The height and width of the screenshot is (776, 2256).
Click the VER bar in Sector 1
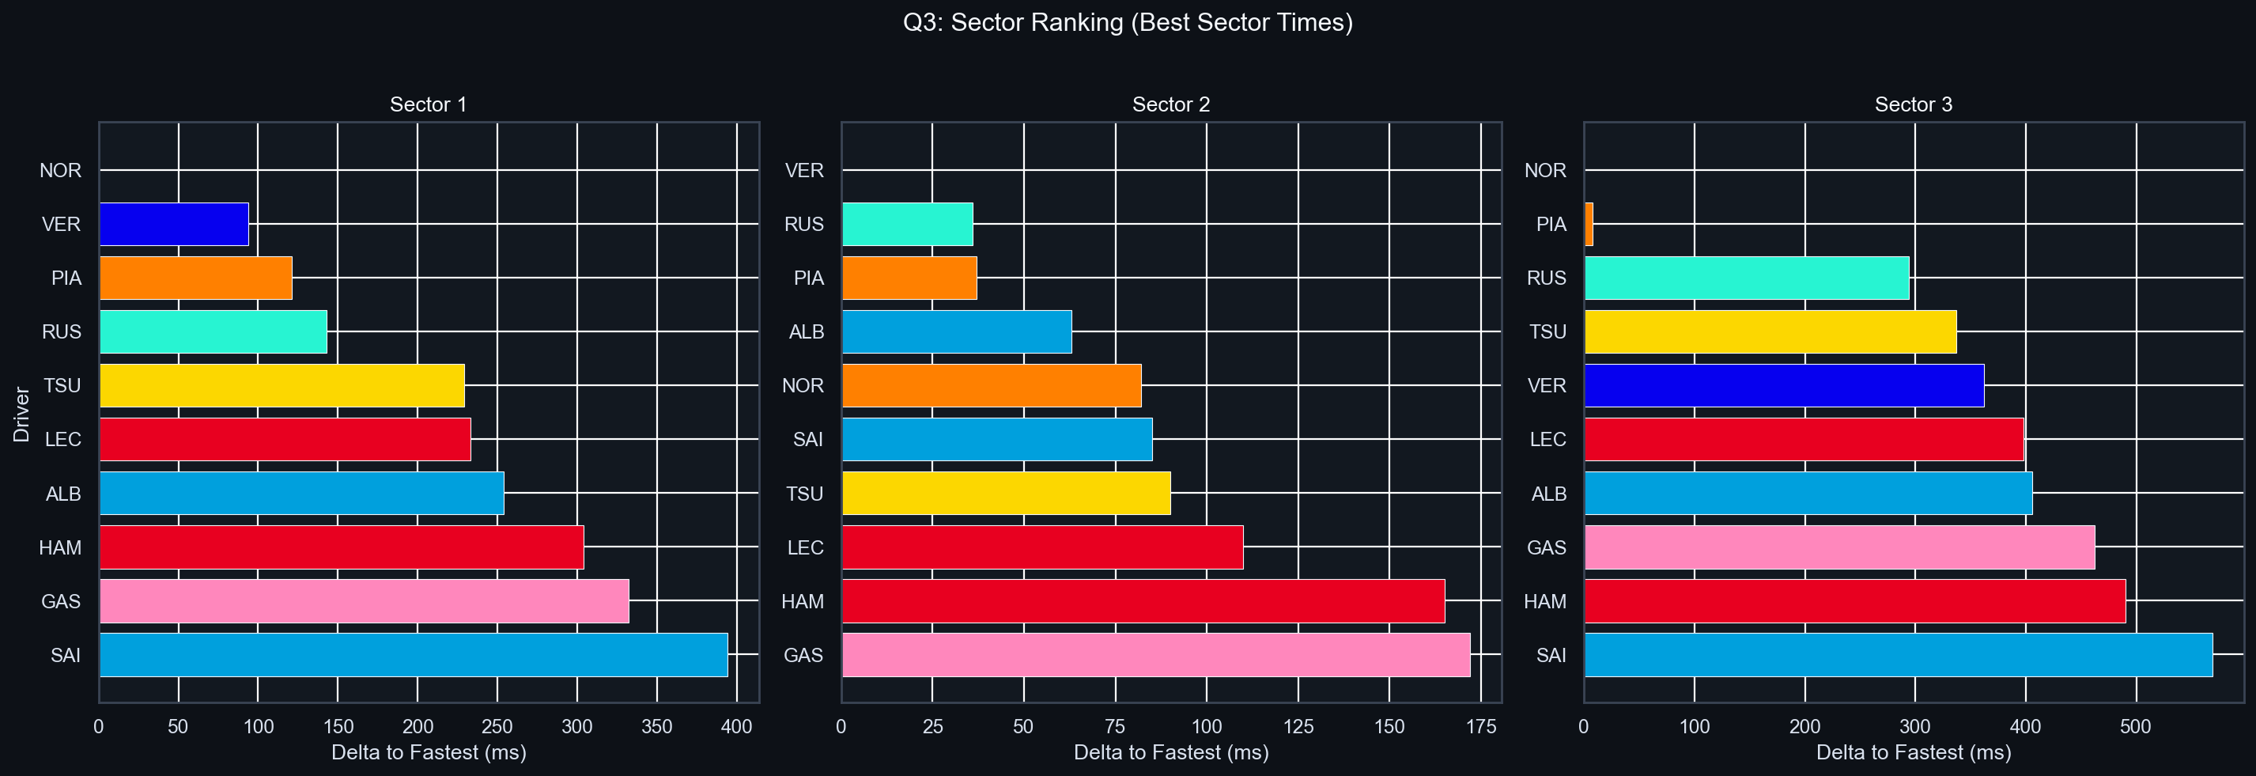173,224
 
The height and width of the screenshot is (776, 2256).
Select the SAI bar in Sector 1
413,655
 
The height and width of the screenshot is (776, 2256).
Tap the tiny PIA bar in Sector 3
1589,224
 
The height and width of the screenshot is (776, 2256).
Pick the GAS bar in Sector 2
1155,655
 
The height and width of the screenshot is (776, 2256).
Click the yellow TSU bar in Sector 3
1770,332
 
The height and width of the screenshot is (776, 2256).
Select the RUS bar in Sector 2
906,224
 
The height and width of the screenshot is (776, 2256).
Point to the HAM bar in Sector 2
1143,601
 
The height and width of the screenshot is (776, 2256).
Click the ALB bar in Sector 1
301,493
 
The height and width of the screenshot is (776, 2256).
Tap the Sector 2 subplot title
1170,104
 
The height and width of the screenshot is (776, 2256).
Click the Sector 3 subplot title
1913,104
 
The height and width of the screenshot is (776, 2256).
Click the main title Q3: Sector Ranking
1127,23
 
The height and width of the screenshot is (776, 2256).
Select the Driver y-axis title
22,414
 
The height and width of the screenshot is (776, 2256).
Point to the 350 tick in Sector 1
656,726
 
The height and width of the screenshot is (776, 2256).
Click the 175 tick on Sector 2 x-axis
1480,726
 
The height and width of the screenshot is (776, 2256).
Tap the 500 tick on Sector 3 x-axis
2134,726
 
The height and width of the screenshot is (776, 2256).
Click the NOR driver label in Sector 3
1544,171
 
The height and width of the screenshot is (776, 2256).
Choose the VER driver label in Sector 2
803,171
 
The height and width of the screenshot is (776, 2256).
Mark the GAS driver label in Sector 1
60,602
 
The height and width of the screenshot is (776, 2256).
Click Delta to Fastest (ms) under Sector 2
1170,752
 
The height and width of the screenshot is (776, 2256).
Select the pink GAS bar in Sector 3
1838,547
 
